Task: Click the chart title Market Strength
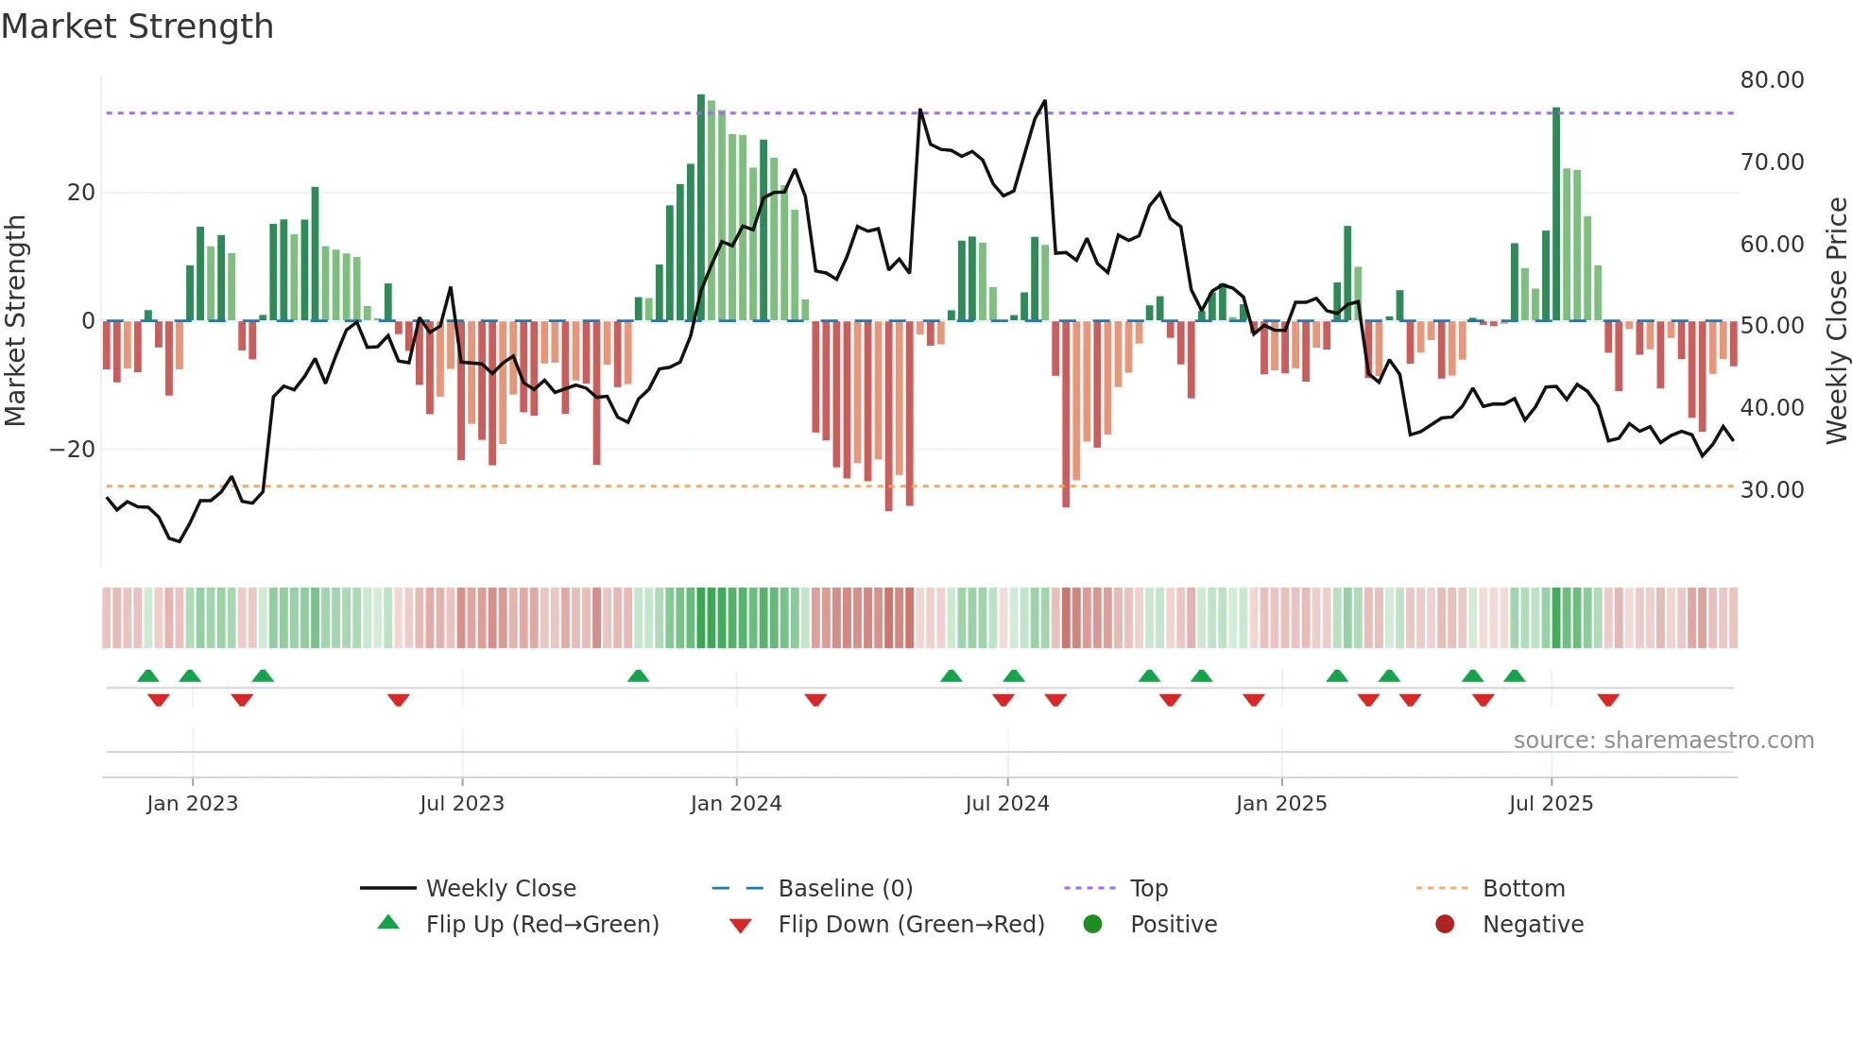137,26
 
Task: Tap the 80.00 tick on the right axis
1772,80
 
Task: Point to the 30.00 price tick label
1772,490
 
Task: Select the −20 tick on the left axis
72,450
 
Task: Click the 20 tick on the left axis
80,193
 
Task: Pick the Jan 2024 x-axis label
735,804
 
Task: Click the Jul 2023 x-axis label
461,804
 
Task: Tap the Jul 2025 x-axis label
1550,804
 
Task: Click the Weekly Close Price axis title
1836,321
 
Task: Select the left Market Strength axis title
15,321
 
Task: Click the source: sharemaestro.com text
1663,741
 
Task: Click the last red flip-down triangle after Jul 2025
1608,700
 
